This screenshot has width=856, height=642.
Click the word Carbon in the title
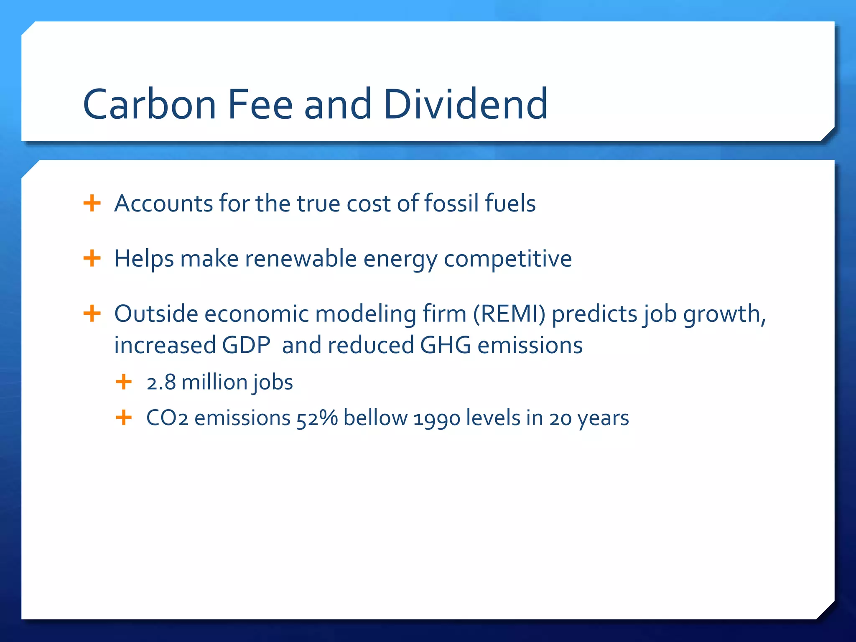149,104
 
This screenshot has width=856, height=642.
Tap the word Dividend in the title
465,104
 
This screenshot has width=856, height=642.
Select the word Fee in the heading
260,104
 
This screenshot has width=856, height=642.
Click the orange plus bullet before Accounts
92,204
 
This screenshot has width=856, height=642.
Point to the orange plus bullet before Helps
92,258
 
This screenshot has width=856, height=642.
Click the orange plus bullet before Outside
92,313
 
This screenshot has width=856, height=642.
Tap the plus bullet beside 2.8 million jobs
124,382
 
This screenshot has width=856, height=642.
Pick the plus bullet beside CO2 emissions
124,418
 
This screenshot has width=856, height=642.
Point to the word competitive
507,259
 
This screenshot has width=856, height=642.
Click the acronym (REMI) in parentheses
509,314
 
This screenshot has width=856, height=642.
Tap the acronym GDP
246,346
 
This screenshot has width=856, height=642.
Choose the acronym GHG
445,346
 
